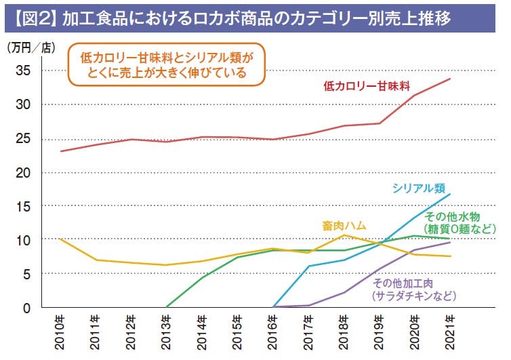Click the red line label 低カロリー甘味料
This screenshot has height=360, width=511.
point(367,86)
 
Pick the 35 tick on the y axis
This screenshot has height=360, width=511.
point(23,70)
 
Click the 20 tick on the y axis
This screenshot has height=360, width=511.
point(23,172)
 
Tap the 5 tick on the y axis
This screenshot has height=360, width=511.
point(26,273)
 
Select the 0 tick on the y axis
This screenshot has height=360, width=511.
point(26,307)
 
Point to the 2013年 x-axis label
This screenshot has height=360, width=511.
point(166,329)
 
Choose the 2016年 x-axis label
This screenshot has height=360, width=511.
point(272,329)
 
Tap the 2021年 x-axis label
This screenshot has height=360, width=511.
point(449,329)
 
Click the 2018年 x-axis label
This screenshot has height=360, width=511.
point(344,329)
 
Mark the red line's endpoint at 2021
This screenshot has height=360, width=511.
point(450,79)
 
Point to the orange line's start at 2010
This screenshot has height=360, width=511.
point(61,239)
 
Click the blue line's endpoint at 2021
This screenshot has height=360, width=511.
point(450,194)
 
